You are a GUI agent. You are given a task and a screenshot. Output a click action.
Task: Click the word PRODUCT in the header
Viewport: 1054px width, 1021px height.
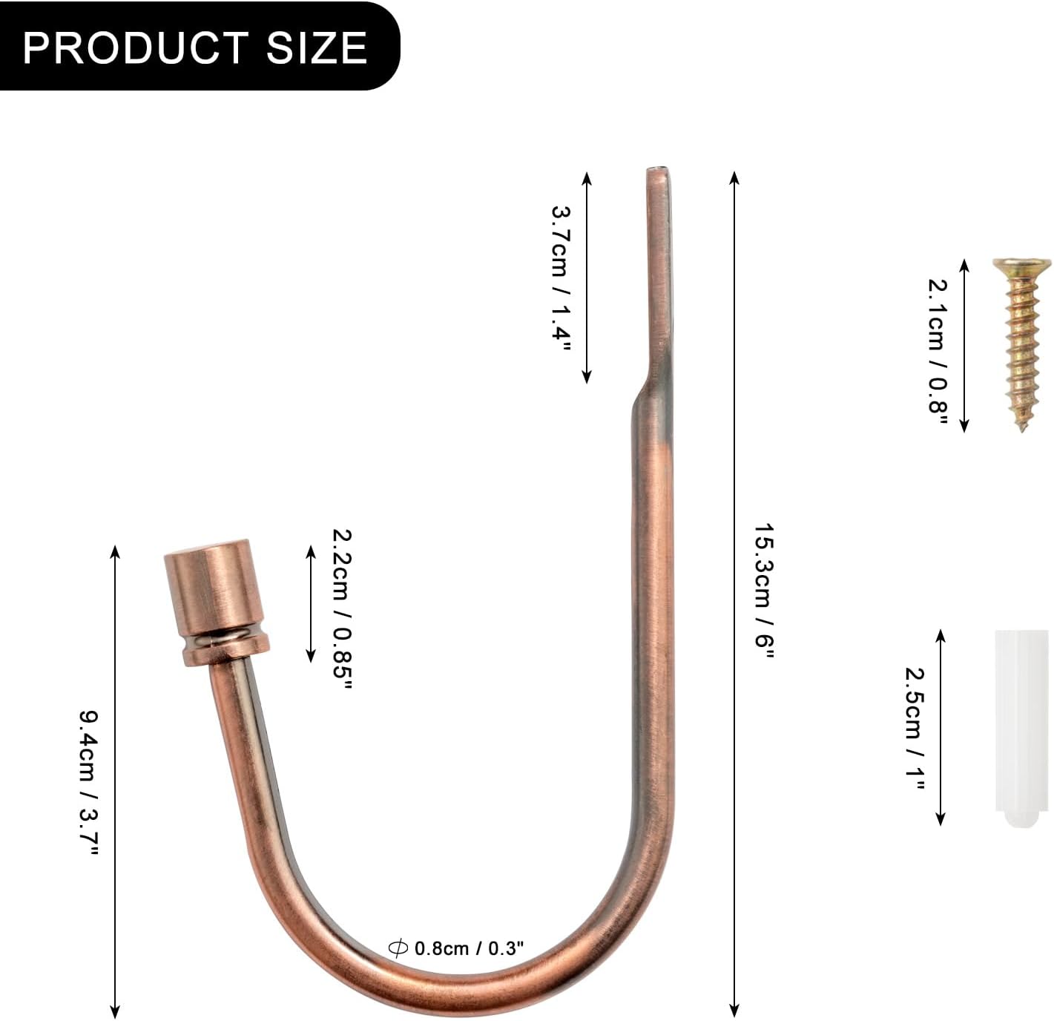tap(136, 47)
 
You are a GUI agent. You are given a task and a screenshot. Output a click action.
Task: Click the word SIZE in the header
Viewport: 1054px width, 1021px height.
tap(317, 47)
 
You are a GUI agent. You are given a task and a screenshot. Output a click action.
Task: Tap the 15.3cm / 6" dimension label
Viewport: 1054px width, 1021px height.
tap(764, 590)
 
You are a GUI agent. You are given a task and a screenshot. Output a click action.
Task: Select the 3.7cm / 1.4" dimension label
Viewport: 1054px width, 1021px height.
tap(561, 279)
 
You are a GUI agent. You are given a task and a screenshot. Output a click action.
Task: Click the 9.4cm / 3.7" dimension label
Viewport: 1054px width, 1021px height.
tap(89, 782)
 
